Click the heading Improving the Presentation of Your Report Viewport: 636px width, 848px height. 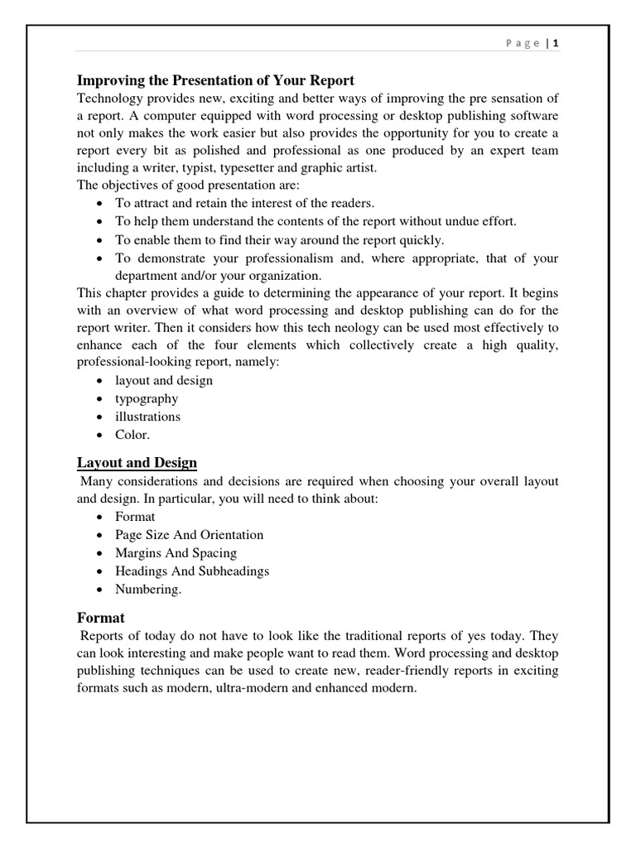(x=215, y=80)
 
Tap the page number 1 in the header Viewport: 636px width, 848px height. (x=555, y=43)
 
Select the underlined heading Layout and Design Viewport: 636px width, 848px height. (x=137, y=462)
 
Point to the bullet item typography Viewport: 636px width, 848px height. (x=147, y=398)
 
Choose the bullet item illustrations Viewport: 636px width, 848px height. (x=147, y=417)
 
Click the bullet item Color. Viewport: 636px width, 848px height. (x=132, y=435)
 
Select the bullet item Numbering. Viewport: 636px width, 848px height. (x=148, y=590)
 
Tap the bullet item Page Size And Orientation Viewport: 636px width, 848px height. (x=189, y=535)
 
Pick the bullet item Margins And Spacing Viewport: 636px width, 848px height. (x=176, y=553)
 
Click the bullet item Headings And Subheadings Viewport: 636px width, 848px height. (x=192, y=571)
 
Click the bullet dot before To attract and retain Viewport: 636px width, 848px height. (x=99, y=204)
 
